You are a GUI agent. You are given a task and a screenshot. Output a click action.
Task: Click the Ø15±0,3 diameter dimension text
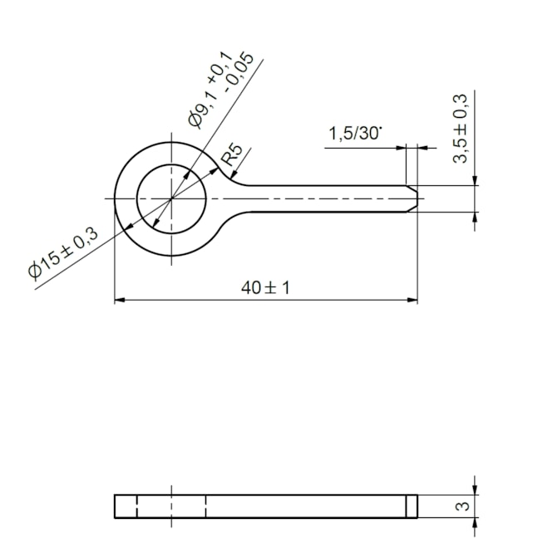pos(63,252)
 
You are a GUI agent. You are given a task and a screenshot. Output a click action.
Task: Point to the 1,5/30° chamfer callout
pos(355,134)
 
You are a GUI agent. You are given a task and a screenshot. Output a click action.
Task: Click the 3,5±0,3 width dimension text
pos(461,129)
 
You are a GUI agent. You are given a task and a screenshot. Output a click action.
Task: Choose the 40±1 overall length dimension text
pos(265,287)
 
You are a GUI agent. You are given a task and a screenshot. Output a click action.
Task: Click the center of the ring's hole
pos(171,198)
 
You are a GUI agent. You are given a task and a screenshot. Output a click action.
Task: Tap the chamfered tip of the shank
pos(412,198)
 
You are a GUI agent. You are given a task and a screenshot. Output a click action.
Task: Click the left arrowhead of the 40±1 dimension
pos(119,299)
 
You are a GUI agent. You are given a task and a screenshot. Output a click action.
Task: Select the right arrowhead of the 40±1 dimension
pos(412,299)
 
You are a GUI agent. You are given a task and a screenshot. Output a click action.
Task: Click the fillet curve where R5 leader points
pos(230,175)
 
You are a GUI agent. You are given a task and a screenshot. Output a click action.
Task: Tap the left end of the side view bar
pos(116,506)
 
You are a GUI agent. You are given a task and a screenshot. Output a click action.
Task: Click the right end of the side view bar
pos(417,506)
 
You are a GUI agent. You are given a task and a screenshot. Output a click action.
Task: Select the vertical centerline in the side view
pos(171,506)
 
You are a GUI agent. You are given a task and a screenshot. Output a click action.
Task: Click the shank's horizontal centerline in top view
pos(316,198)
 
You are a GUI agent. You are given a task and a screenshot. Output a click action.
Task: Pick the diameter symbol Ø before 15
pos(36,270)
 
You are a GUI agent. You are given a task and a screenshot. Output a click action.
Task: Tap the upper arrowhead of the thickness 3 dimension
pos(475,490)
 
